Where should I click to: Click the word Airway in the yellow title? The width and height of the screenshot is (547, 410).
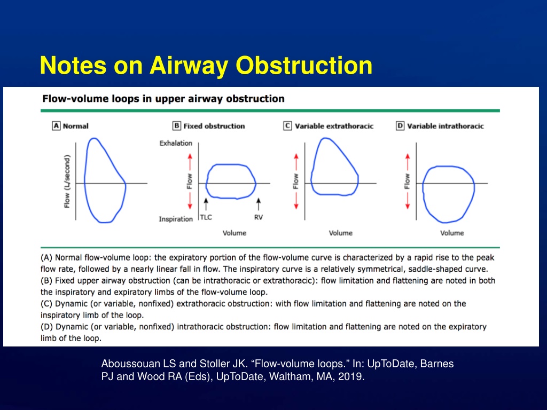click(189, 66)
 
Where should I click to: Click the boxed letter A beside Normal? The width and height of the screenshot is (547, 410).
click(56, 126)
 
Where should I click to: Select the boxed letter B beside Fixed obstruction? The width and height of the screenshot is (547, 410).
click(177, 126)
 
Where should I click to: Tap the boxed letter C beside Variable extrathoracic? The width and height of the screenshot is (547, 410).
click(287, 126)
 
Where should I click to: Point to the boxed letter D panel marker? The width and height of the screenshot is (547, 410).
click(400, 126)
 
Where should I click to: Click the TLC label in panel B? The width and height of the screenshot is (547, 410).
click(206, 217)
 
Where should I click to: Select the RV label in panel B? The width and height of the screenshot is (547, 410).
click(259, 217)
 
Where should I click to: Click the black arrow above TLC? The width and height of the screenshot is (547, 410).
click(206, 204)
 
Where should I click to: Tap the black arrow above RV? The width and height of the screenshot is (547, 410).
click(259, 204)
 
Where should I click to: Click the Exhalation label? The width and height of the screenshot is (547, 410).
click(176, 143)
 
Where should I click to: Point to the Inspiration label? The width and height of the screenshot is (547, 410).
click(176, 219)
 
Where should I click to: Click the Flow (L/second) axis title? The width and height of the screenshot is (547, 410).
click(67, 182)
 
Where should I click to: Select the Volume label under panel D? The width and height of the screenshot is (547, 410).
click(452, 233)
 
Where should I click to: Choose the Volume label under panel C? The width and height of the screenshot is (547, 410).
click(340, 233)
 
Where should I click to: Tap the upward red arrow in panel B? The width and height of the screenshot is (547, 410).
click(190, 162)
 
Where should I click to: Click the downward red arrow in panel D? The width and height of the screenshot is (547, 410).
click(408, 201)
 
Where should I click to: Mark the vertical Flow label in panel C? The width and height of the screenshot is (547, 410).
click(296, 182)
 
